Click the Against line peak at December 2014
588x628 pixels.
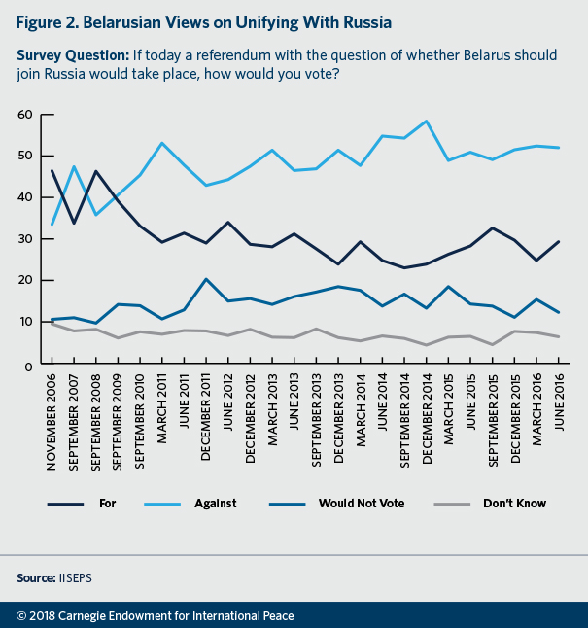click(427, 122)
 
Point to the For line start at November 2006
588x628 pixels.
click(51, 171)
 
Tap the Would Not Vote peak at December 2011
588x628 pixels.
click(205, 279)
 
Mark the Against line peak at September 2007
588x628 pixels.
click(74, 167)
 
